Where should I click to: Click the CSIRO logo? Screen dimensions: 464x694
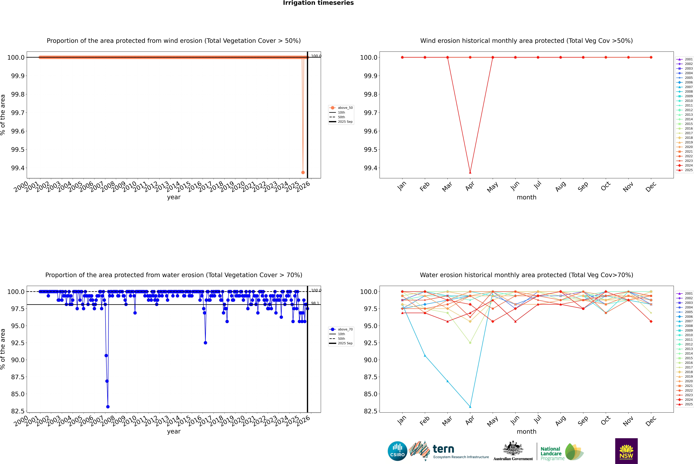(397, 451)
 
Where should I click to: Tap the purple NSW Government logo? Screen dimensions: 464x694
(626, 451)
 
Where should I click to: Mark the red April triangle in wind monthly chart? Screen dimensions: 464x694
(470, 172)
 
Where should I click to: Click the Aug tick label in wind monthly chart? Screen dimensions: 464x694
(561, 186)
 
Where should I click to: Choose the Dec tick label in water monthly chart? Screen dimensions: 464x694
(651, 421)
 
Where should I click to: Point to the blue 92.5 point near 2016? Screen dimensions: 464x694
(205, 343)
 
